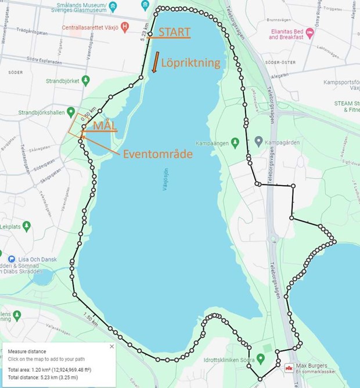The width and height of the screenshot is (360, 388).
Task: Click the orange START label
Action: point(174,32)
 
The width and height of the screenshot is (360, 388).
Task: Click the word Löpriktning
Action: point(190,63)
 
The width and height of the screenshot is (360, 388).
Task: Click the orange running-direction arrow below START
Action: point(155,61)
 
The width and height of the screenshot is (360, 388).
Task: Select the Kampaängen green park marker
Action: point(235,142)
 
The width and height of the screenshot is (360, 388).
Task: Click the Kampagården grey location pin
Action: point(259,141)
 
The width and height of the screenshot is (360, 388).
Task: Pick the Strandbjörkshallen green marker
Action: point(71,111)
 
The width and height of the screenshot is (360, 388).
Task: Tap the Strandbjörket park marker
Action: point(85,79)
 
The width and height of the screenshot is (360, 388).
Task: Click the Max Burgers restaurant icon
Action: point(289,367)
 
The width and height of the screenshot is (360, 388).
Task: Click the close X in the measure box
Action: point(112,346)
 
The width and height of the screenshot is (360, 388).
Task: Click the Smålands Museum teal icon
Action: point(113,6)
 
